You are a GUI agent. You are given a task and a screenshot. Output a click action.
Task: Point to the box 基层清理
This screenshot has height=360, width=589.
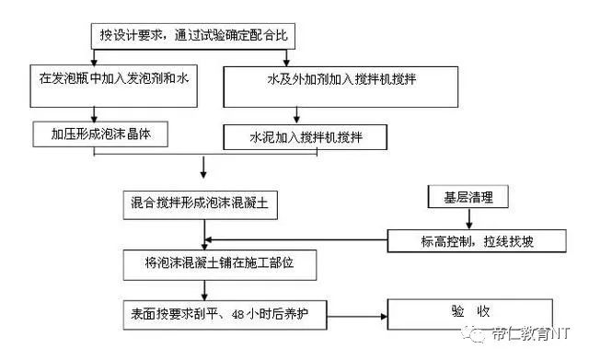(x=468, y=197)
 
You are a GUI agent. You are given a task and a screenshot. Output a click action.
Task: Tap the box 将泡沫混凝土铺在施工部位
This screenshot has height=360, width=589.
(x=212, y=263)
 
